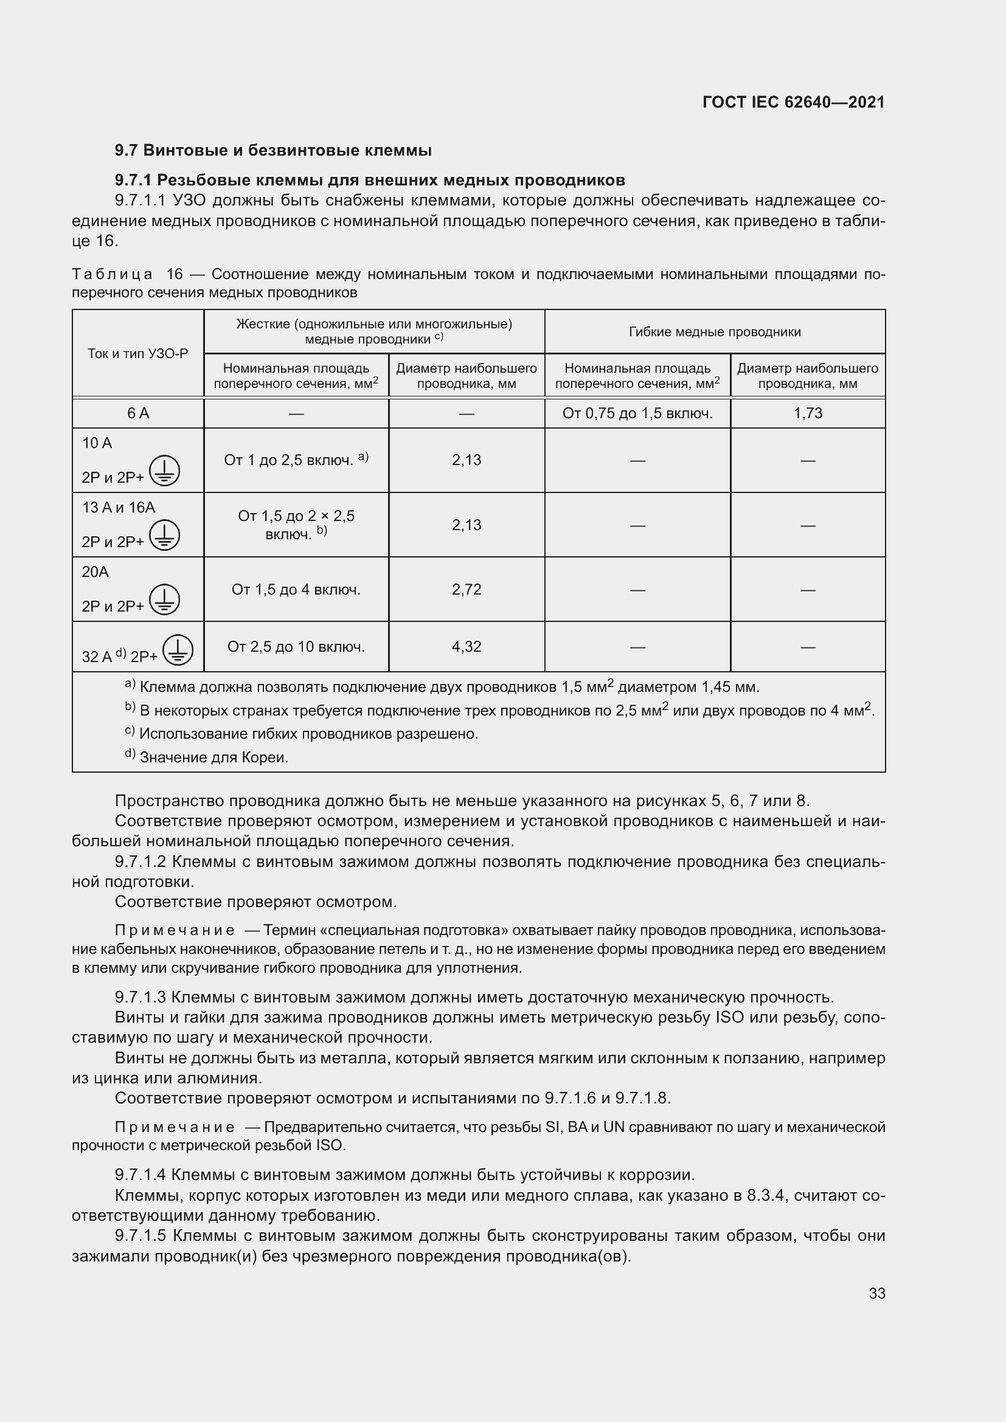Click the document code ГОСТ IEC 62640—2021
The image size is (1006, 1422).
pos(794,102)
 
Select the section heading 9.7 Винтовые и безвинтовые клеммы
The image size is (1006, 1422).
pos(273,151)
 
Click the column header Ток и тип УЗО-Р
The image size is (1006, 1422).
pos(137,354)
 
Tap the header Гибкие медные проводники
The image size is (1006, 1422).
pos(714,332)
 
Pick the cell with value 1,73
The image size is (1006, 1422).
pos(807,413)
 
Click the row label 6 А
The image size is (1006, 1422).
pos(137,413)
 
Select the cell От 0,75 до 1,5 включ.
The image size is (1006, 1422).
pos(637,413)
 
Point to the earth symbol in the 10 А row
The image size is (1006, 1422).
pos(164,471)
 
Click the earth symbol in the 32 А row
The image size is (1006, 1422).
pos(178,651)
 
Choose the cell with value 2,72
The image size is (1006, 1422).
pos(466,589)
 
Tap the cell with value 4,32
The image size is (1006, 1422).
pos(466,647)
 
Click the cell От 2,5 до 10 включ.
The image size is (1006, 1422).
pos(296,647)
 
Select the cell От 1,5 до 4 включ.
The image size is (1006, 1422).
pos(296,589)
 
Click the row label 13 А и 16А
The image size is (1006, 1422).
pos(119,507)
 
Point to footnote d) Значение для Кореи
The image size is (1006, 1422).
pos(207,757)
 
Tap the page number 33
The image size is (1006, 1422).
pos(876,1293)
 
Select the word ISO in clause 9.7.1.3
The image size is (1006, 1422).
pos(729,1017)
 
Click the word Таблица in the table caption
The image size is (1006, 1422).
pos(112,274)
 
